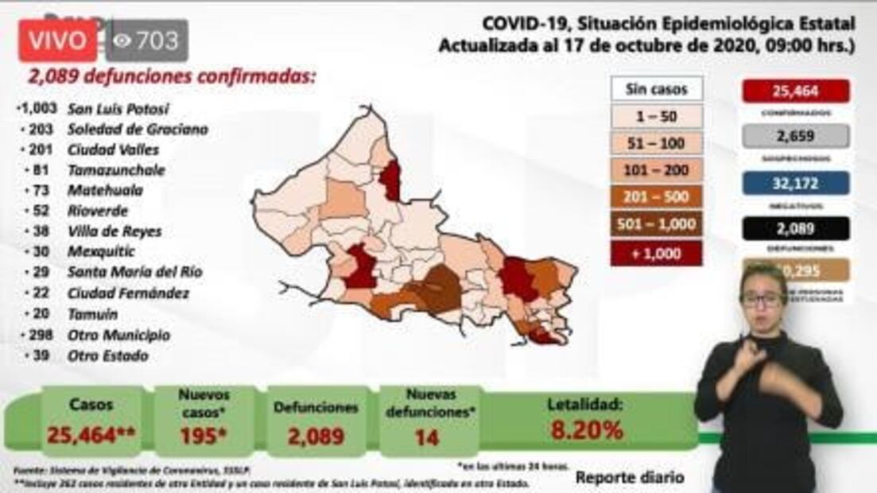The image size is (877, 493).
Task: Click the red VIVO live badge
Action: (58, 41)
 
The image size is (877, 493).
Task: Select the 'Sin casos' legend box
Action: (657, 88)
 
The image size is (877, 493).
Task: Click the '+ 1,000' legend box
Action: (657, 253)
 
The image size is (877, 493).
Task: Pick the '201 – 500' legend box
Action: (657, 197)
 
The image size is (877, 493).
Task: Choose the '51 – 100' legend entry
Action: (657, 143)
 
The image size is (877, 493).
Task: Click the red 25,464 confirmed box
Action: (795, 91)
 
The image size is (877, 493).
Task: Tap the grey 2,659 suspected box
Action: (795, 136)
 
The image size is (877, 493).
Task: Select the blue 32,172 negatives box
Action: (795, 183)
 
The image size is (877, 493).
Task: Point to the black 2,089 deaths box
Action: (795, 228)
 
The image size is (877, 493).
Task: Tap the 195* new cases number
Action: (204, 435)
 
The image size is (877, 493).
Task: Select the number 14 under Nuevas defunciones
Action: (427, 437)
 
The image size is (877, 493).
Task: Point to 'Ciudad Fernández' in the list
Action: (128, 293)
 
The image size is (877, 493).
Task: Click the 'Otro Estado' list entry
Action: (107, 355)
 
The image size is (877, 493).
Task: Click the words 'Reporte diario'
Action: (629, 478)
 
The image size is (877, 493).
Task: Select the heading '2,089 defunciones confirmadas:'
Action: (172, 77)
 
